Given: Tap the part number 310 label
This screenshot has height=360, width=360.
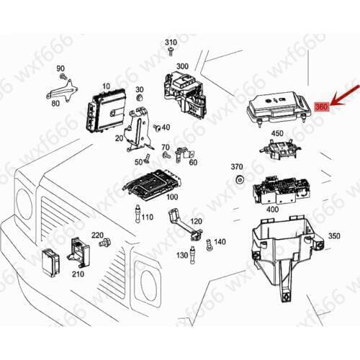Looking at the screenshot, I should pos(171,42).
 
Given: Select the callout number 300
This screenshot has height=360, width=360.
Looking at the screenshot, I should pos(182,66).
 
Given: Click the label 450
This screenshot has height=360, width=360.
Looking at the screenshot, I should pos(277,134).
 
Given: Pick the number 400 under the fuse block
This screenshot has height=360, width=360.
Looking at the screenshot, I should pos(273,209).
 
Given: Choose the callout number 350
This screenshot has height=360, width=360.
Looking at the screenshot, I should pos(334,235).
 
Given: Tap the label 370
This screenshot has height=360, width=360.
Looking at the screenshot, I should pos(237,166).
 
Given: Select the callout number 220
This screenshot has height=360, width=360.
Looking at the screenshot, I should pos(97,235).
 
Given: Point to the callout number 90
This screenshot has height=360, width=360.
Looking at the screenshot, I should pos(60,68).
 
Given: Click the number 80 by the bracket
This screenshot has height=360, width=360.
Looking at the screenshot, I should pos(55,104).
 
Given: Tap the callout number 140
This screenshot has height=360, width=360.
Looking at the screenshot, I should pos(220,242).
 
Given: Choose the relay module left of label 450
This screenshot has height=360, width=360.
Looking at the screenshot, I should pos(276,152).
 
